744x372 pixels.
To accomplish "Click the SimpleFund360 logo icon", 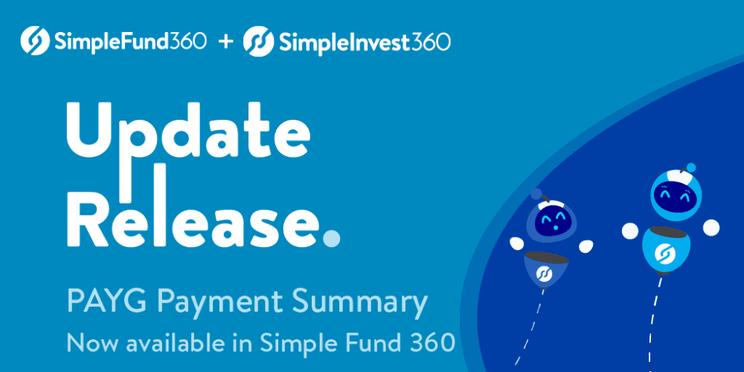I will coord(35,40).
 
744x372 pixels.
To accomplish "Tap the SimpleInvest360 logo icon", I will coord(258,40).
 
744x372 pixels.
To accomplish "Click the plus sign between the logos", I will coord(225,41).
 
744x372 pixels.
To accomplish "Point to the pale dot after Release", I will coord(332,237).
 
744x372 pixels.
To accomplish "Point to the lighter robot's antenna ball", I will coord(692,167).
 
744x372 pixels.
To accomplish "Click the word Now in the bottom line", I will coord(86,343).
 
